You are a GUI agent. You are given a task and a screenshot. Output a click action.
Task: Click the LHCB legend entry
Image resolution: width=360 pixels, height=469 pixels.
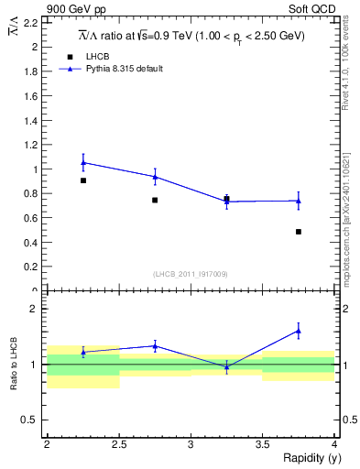96,56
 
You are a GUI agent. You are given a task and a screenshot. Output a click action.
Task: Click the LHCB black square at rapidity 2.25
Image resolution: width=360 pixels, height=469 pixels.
83,180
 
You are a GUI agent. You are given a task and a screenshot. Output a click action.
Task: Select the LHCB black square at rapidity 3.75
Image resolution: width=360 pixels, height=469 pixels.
299,232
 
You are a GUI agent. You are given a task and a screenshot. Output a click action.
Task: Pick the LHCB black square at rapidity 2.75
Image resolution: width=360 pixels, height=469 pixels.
155,200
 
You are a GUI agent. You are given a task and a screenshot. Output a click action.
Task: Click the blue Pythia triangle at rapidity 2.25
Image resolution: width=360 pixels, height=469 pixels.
83,162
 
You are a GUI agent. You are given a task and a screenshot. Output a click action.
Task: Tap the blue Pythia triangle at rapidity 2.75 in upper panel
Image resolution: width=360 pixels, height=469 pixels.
155,177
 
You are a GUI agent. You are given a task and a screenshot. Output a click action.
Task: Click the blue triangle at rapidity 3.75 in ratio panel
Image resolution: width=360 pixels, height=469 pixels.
299,331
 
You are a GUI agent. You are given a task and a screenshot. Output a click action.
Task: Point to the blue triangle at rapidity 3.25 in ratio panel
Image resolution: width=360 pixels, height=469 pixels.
227,366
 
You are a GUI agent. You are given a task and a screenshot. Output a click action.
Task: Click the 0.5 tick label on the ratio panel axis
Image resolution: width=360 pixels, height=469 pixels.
31,420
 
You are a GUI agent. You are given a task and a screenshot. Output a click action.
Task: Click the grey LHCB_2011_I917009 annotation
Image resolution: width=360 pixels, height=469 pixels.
191,274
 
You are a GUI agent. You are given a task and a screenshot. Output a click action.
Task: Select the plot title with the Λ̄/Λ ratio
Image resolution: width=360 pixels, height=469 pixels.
190,36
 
